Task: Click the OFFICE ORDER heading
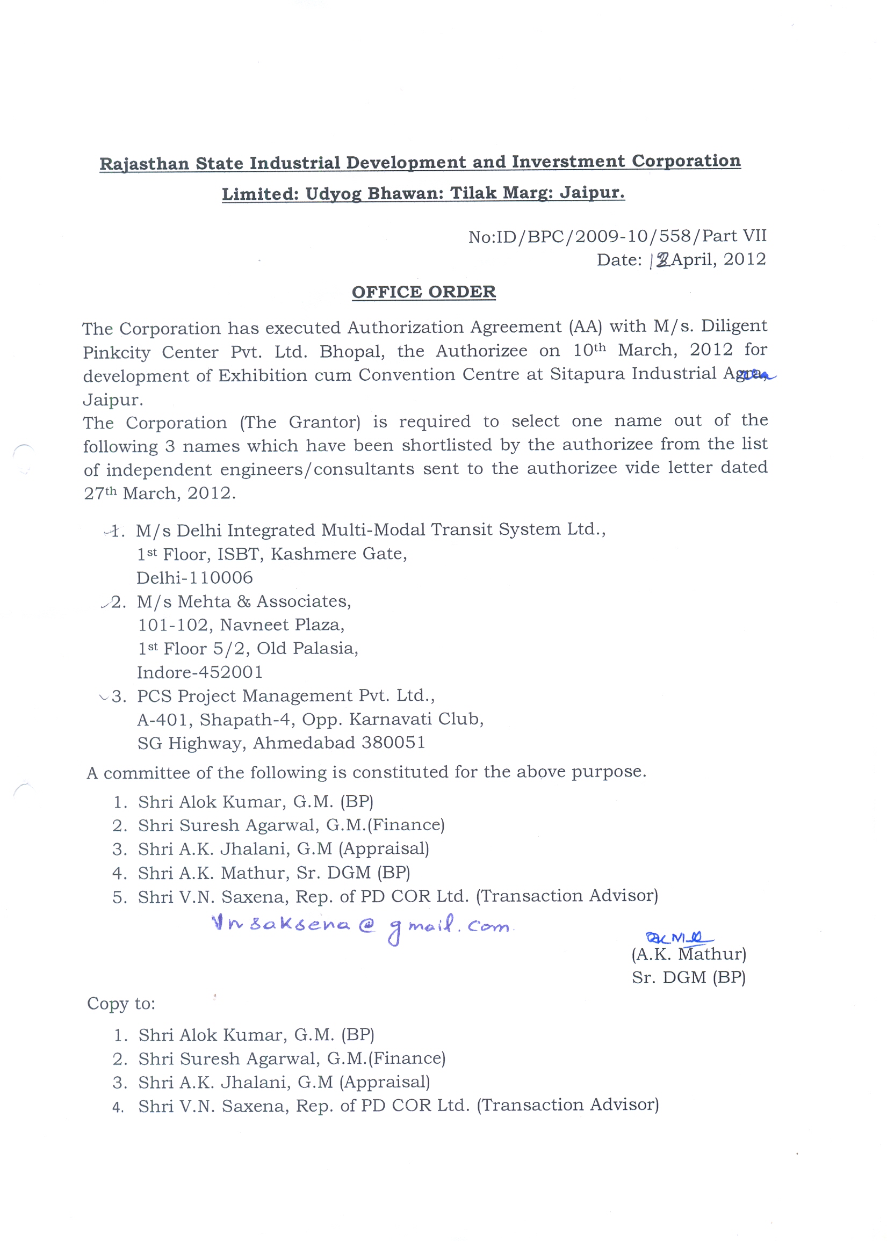tap(423, 292)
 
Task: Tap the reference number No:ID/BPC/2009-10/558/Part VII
tap(617, 236)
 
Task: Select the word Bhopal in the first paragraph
tap(352, 351)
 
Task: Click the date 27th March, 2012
tap(160, 493)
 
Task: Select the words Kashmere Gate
tap(338, 554)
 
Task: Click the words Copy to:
tap(121, 1004)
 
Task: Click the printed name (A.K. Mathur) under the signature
tap(689, 954)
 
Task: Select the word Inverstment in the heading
tap(568, 162)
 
